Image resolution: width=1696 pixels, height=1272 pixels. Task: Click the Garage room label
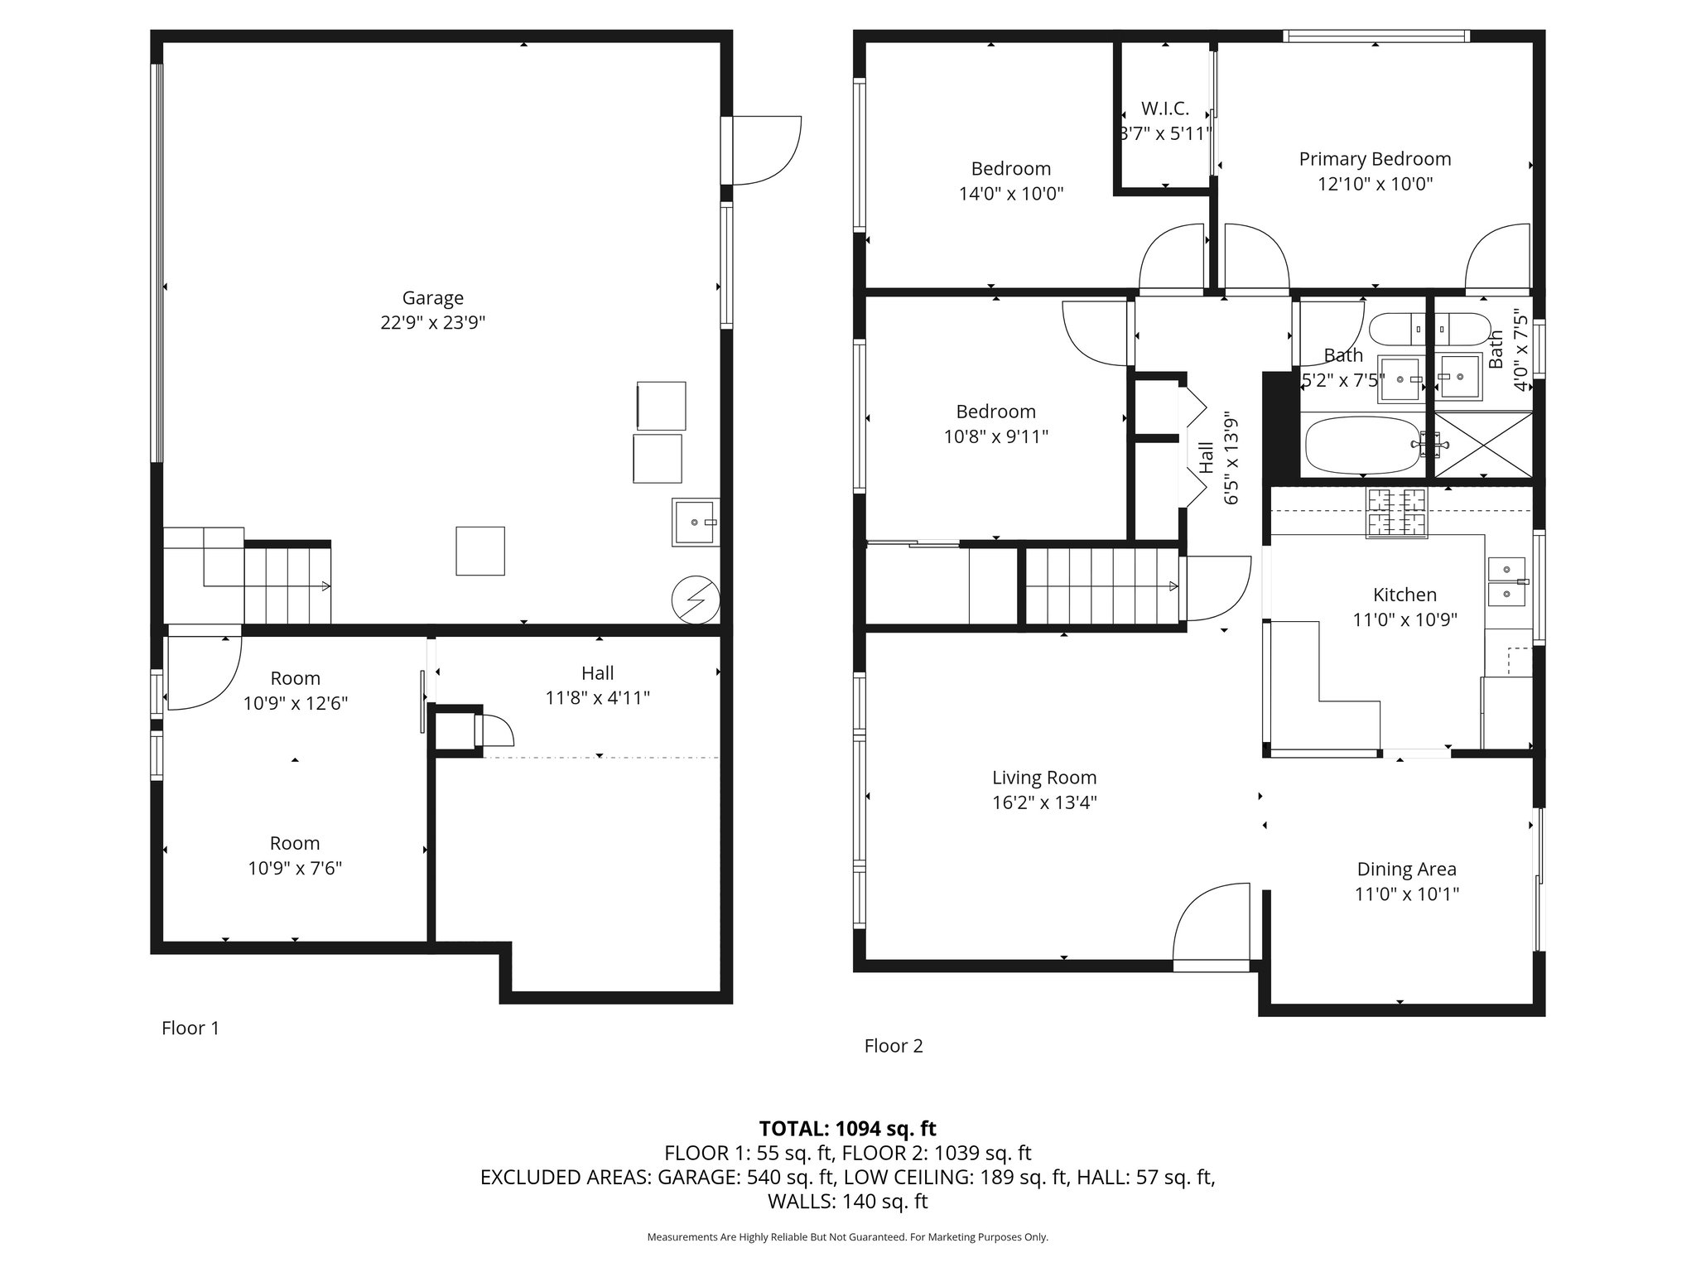432,297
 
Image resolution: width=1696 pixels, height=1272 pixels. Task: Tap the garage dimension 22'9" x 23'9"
432,322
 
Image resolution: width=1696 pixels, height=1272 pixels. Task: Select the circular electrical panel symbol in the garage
695,599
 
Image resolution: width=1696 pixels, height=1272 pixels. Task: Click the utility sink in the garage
695,522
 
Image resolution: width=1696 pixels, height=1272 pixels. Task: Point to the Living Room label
1044,778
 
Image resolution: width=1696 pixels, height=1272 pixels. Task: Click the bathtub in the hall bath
1362,445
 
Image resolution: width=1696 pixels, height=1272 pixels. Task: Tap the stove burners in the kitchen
1396,513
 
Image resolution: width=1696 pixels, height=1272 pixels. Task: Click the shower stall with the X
1483,445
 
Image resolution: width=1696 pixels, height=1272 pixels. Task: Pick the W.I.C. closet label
1164,108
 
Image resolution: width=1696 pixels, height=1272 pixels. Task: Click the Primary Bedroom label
1375,159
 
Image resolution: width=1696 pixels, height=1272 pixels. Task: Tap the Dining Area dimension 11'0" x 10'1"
1406,894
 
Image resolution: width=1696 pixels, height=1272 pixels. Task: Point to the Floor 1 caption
190,1028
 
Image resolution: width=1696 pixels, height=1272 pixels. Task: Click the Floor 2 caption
893,1046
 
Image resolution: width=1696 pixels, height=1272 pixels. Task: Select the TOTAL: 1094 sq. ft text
847,1128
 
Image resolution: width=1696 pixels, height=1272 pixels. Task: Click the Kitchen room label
1404,595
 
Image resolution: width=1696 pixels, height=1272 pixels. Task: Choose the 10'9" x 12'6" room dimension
295,703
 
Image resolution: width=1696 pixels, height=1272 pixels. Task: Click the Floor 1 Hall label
597,673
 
